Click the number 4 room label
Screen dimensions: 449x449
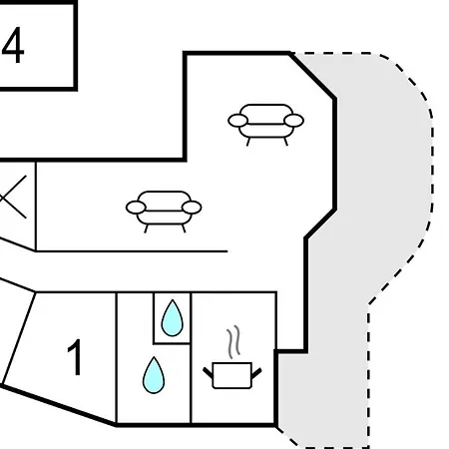click(x=13, y=45)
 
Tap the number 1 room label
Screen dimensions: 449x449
click(x=75, y=357)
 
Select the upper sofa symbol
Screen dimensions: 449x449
click(x=265, y=125)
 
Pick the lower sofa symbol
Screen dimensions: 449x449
click(x=164, y=212)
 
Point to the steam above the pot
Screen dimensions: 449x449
click(x=233, y=342)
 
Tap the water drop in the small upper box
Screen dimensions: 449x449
click(x=172, y=318)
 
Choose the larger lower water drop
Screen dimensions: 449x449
click(x=154, y=375)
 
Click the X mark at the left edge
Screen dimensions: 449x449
click(x=13, y=198)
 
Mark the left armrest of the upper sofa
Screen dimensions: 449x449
click(x=237, y=121)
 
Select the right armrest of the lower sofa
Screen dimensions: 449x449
click(x=192, y=208)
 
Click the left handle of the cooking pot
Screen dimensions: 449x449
click(x=208, y=373)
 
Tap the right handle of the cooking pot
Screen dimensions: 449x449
click(x=256, y=373)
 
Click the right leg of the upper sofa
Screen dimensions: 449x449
click(x=285, y=142)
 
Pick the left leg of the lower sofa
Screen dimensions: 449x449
click(x=146, y=228)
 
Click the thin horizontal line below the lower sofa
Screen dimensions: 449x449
click(x=132, y=251)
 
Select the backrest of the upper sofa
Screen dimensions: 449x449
click(x=266, y=110)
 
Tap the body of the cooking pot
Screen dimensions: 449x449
click(x=232, y=375)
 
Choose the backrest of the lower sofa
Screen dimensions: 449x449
click(x=164, y=197)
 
